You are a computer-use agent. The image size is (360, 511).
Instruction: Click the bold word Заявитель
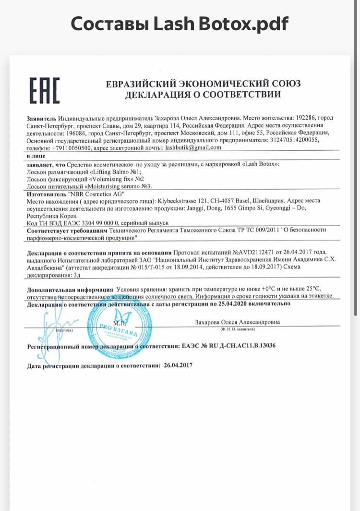coord(41,118)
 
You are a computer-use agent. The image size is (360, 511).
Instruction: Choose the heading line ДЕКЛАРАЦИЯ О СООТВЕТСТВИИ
coord(203,95)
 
